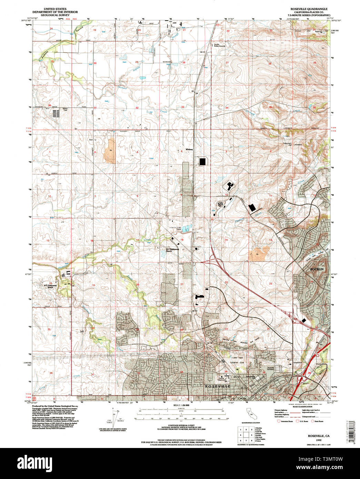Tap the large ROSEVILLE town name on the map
click(x=218, y=387)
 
